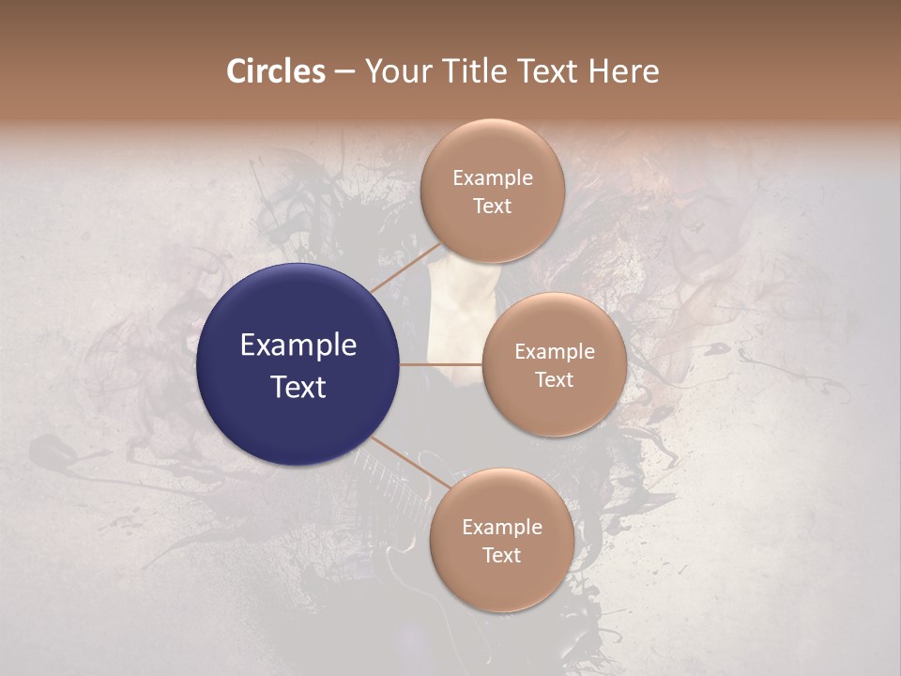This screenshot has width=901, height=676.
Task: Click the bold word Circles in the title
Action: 275,71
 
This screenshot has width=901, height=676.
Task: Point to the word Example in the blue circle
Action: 298,346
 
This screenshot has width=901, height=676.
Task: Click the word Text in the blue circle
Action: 298,386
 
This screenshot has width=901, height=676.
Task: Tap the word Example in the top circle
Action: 493,178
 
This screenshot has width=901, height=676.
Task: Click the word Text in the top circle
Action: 493,206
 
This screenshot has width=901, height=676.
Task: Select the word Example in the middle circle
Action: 555,352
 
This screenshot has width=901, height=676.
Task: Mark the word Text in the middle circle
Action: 555,379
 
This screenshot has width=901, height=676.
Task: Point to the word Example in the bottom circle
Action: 501,528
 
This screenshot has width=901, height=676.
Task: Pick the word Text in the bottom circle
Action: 501,555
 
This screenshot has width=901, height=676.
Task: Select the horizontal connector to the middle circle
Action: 441,364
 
